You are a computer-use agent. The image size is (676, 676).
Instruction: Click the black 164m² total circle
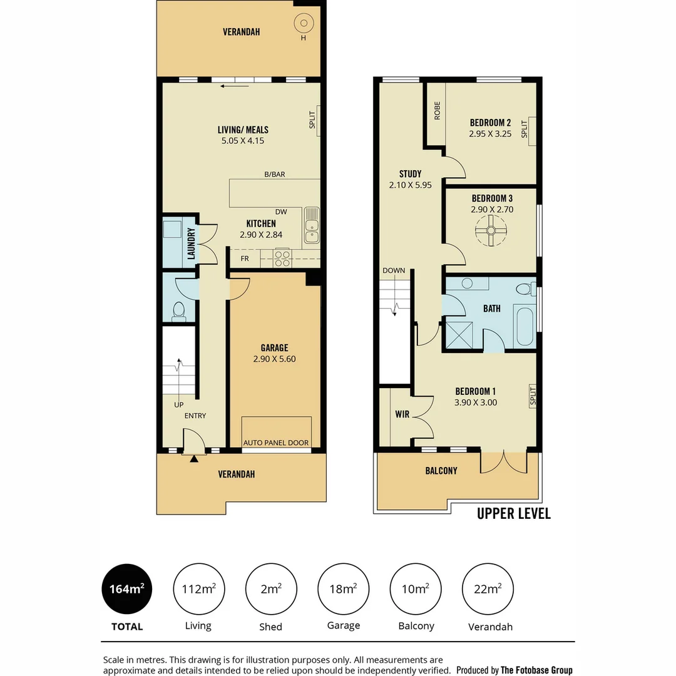pyautogui.click(x=127, y=589)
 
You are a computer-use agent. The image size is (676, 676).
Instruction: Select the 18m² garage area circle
pyautogui.click(x=344, y=589)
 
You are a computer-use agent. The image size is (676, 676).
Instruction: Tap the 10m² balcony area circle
pyautogui.click(x=416, y=589)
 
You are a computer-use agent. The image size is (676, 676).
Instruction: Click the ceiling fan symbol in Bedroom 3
pyautogui.click(x=491, y=232)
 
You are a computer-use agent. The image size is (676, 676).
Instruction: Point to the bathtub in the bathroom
pyautogui.click(x=524, y=326)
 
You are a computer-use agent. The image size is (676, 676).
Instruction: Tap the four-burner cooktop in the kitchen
pyautogui.click(x=282, y=258)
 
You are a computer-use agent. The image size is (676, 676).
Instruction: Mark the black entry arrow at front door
pyautogui.click(x=194, y=459)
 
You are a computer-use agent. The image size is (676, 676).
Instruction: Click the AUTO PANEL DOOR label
pyautogui.click(x=276, y=443)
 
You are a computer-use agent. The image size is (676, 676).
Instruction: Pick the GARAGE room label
pyautogui.click(x=274, y=348)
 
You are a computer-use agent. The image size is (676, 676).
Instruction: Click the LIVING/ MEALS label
pyautogui.click(x=243, y=130)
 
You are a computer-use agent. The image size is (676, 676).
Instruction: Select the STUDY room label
pyautogui.click(x=410, y=174)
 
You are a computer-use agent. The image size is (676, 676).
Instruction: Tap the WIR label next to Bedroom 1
pyautogui.click(x=401, y=414)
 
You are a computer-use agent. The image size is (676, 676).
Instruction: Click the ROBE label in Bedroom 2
pyautogui.click(x=437, y=111)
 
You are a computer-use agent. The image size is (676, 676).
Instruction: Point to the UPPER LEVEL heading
pyautogui.click(x=513, y=514)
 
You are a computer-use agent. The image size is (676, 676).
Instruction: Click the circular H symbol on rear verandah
pyautogui.click(x=304, y=24)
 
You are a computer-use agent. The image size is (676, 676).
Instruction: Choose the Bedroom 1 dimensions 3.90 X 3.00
pyautogui.click(x=476, y=402)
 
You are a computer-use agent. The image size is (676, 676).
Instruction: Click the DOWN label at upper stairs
pyautogui.click(x=394, y=270)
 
